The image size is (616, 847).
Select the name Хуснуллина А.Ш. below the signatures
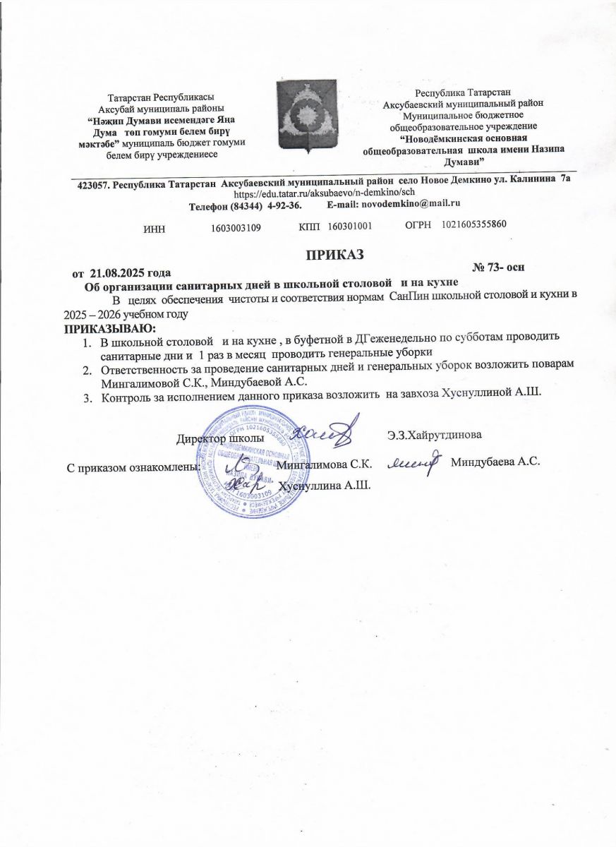(x=325, y=486)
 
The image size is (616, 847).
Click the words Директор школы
(x=220, y=438)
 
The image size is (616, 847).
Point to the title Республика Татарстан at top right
(x=467, y=92)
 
